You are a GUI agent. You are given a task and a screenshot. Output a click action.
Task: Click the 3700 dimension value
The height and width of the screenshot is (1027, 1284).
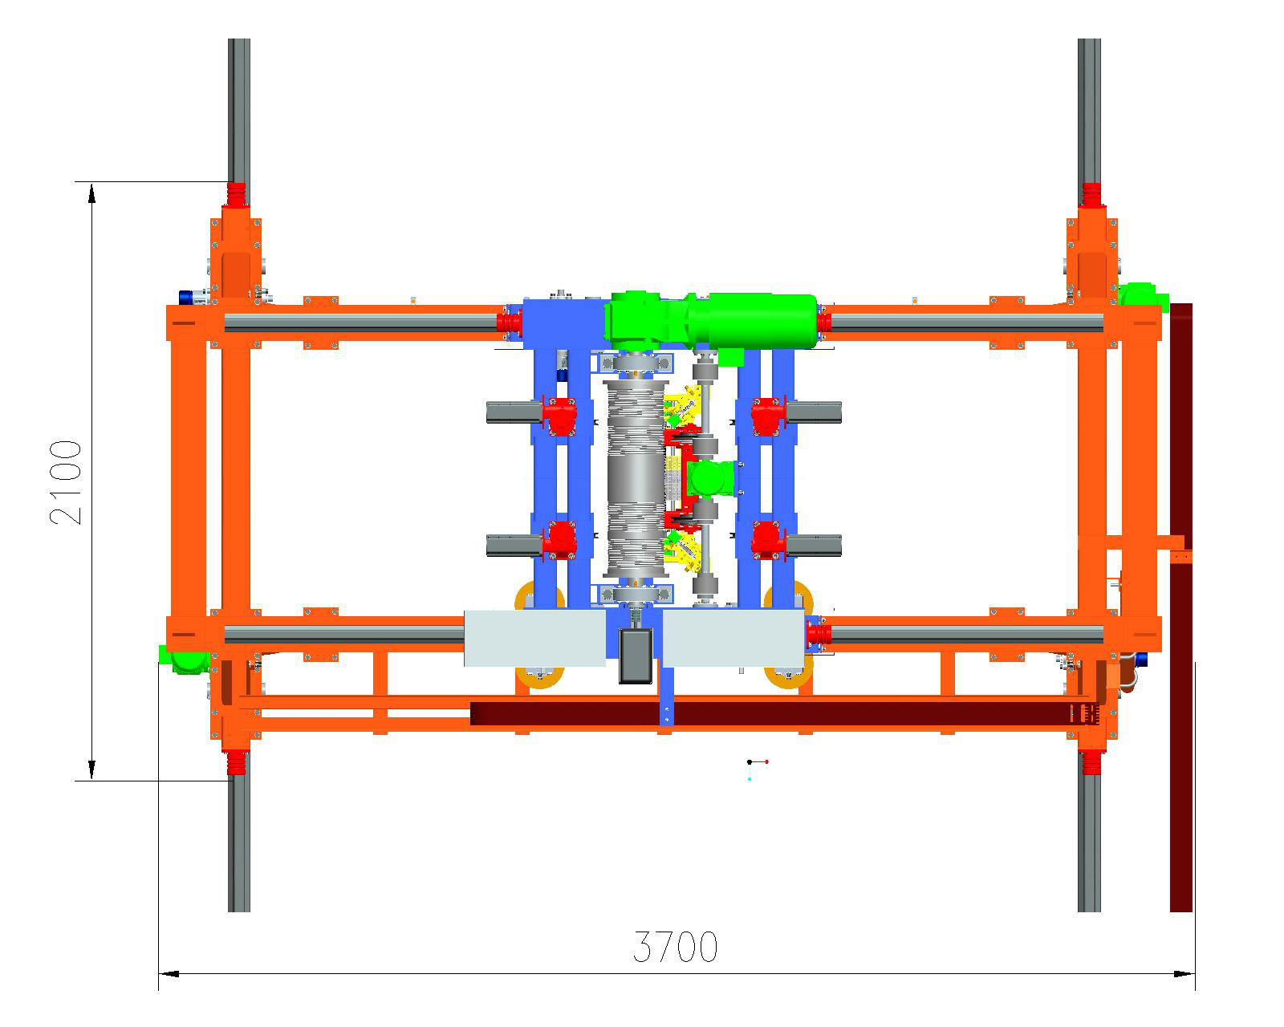click(675, 947)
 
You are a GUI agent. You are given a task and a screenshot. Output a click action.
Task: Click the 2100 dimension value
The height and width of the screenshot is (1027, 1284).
click(65, 482)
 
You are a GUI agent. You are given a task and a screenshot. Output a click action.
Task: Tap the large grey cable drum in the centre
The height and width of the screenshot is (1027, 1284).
click(636, 478)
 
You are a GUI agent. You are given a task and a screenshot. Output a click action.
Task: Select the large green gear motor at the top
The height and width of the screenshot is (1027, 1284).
click(710, 320)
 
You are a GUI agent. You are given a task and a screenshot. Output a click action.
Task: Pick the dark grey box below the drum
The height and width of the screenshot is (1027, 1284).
click(636, 656)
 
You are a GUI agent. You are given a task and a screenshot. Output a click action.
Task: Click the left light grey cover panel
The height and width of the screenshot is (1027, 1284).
click(534, 638)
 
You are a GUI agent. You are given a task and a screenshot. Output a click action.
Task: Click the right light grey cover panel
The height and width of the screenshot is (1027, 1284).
click(733, 638)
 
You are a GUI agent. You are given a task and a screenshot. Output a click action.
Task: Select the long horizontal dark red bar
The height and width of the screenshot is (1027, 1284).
click(784, 713)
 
